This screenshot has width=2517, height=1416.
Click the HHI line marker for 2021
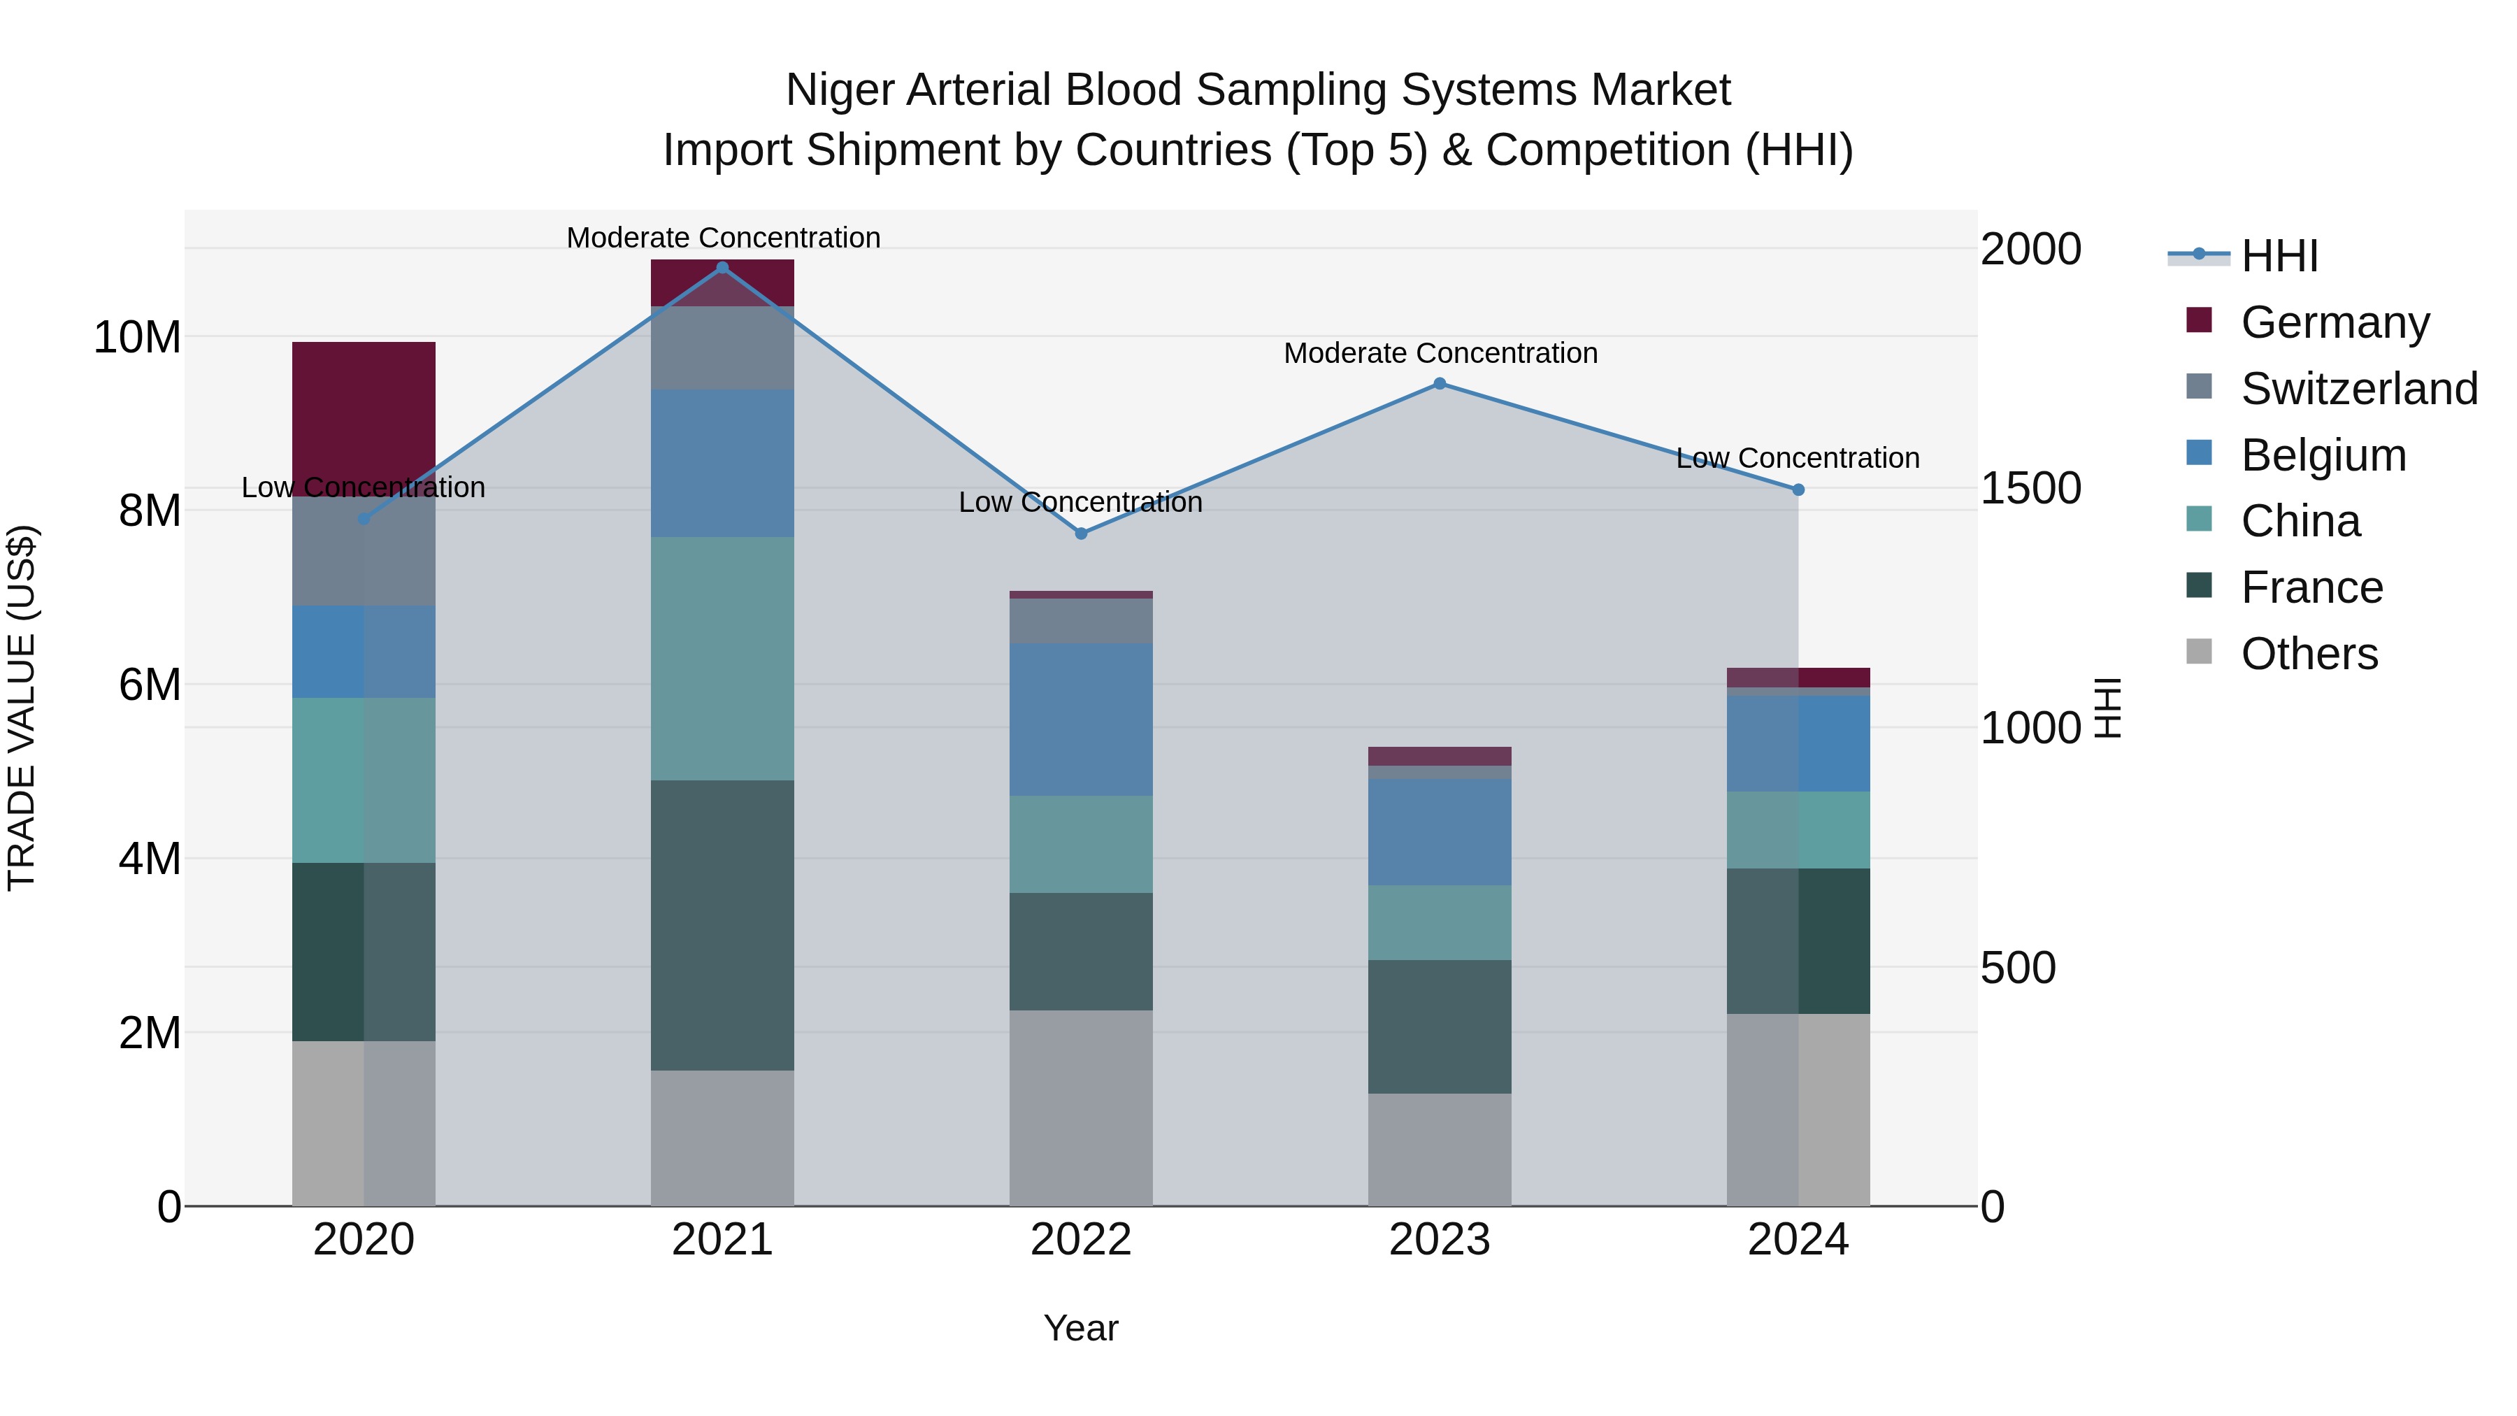point(722,268)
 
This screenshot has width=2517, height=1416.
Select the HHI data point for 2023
point(1440,384)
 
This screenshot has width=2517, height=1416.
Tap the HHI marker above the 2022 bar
point(1081,534)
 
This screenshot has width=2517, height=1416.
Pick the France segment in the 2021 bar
point(722,924)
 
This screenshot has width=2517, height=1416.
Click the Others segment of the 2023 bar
point(1440,1148)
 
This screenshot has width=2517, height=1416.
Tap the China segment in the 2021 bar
point(722,658)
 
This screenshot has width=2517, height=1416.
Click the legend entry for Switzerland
point(2359,389)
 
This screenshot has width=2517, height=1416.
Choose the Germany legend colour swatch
point(2198,320)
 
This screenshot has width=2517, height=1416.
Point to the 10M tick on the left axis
point(137,337)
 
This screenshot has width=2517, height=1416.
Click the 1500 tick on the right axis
point(2030,489)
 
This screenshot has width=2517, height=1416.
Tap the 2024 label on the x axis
point(1797,1240)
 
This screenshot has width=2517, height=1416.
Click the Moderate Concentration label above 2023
point(1440,353)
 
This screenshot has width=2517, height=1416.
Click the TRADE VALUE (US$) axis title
point(22,708)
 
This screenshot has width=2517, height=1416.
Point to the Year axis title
point(1081,1328)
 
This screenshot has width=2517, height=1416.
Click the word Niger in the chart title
point(840,90)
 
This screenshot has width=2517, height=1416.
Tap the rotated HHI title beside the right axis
point(2107,708)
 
